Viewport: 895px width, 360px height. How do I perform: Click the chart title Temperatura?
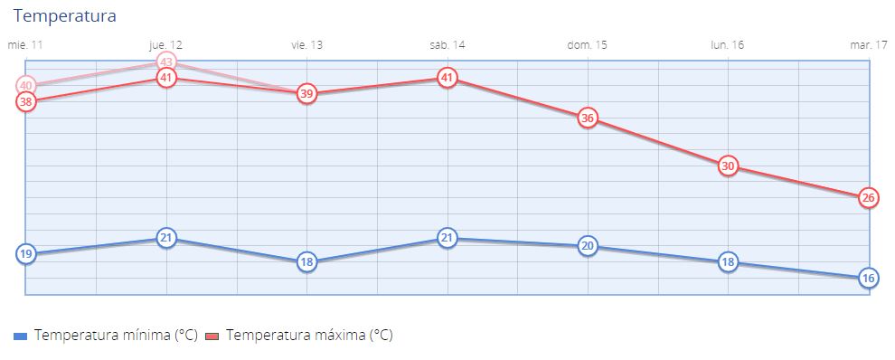(x=64, y=16)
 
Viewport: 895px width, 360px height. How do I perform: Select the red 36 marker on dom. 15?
(x=588, y=118)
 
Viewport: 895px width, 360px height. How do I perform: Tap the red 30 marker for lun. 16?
(x=728, y=166)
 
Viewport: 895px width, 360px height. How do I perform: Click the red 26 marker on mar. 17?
(x=868, y=198)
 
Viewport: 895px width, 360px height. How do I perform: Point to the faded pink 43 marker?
(x=165, y=62)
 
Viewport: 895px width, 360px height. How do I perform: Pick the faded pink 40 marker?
(x=26, y=86)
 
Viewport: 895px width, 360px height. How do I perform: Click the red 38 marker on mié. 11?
(x=26, y=102)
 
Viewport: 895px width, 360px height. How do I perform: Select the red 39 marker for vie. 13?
(x=306, y=94)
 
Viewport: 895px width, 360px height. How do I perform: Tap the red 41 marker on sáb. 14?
(x=447, y=78)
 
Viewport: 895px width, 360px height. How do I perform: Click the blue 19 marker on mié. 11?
(x=26, y=254)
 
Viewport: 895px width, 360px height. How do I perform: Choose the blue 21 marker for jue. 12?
(x=165, y=238)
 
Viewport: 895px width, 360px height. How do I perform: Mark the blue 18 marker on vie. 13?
(x=306, y=262)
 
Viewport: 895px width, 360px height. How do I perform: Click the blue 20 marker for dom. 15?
(x=588, y=246)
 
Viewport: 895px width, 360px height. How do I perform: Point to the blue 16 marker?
(x=868, y=279)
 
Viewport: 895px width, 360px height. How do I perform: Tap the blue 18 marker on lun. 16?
(x=728, y=262)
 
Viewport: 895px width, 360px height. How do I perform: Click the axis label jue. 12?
(x=165, y=44)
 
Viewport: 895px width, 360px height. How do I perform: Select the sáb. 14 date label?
(x=447, y=44)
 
